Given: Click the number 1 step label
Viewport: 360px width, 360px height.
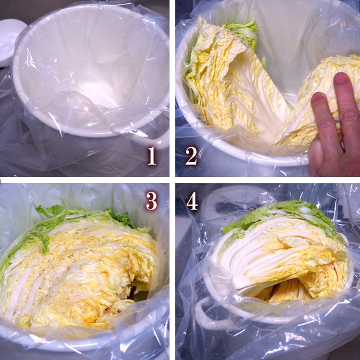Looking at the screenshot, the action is tap(152, 156).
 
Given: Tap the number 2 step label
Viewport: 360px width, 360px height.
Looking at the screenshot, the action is tap(192, 156).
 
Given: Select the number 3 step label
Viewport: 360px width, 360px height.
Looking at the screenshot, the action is tap(152, 201).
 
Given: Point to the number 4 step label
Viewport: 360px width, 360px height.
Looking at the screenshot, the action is tap(192, 201).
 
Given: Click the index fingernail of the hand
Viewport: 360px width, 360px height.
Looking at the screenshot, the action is tap(318, 97).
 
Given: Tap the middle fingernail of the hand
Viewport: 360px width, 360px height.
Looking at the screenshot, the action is tap(341, 79).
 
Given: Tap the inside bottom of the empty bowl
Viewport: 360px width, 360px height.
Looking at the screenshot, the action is tap(92, 92).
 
